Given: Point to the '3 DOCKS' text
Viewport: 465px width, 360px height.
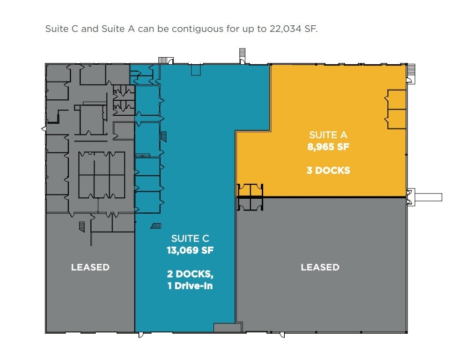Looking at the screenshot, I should (x=328, y=170).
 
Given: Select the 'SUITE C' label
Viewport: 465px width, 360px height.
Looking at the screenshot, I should (x=190, y=239).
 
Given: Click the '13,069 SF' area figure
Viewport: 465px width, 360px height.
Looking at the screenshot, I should (x=190, y=250).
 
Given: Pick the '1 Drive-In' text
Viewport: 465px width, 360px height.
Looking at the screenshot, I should (x=190, y=285).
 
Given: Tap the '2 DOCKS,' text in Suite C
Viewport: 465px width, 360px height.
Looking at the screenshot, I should (x=190, y=274).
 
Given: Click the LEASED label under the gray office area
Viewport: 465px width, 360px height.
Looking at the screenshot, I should (x=90, y=267).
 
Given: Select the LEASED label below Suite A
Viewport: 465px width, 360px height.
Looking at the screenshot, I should (x=320, y=267).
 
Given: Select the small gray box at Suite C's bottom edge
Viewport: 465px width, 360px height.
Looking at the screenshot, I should (x=224, y=327).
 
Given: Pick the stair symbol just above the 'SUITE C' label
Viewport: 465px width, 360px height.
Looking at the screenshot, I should (x=156, y=226).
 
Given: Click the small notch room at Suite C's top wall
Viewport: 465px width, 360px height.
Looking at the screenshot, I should (x=196, y=70).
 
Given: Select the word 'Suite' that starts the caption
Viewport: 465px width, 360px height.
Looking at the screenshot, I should (x=55, y=29).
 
